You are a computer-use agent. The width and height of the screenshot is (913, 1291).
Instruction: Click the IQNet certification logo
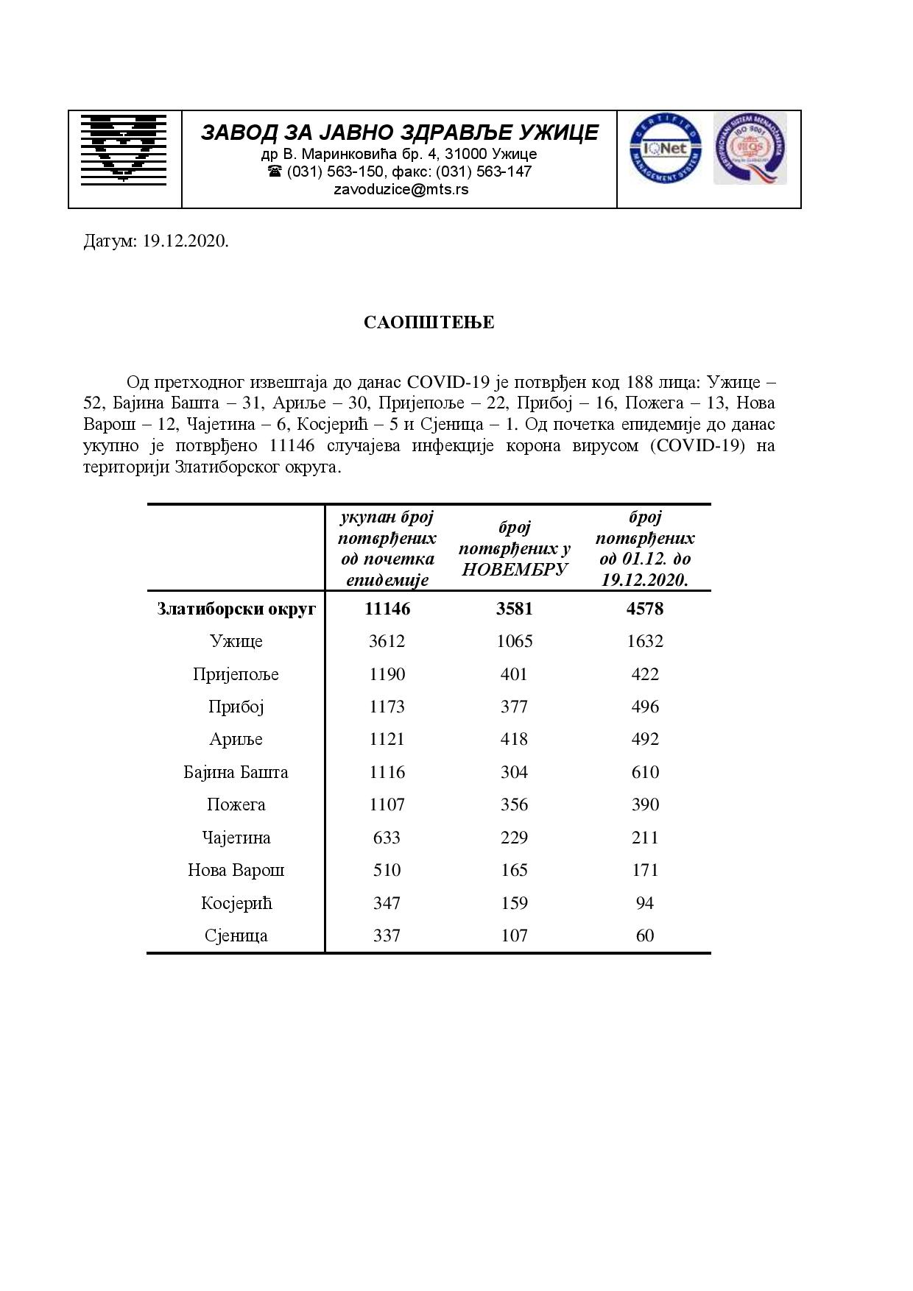[665, 149]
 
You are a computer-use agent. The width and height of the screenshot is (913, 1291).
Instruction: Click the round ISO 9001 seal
[750, 148]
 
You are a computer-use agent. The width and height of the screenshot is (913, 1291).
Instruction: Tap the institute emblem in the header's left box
[123, 147]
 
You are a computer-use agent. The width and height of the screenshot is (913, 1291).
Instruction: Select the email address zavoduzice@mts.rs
[401, 189]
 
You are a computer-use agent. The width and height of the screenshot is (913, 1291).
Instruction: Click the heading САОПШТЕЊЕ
[429, 322]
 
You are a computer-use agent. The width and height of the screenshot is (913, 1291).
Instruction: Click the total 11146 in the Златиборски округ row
[387, 609]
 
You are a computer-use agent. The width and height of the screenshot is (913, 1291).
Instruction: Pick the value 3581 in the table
[514, 609]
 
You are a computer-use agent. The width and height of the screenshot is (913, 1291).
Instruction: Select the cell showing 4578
[645, 609]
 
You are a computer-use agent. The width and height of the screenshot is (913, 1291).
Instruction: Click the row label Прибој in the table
[236, 707]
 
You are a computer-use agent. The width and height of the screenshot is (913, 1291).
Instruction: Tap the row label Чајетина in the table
[236, 838]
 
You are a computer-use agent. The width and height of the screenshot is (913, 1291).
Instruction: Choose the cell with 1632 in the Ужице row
[645, 641]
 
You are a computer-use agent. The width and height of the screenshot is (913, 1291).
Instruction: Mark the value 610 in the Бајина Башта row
[645, 772]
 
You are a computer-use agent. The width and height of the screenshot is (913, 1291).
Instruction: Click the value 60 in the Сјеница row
[645, 935]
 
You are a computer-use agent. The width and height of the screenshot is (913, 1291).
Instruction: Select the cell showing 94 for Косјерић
[645, 903]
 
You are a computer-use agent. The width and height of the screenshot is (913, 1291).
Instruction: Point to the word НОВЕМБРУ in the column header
[515, 569]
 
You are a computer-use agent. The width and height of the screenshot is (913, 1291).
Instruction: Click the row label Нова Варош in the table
[236, 870]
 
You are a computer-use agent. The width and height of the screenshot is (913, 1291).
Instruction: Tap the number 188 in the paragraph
[639, 382]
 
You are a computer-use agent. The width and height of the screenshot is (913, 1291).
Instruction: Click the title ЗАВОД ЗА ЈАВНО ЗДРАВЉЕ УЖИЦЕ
[400, 132]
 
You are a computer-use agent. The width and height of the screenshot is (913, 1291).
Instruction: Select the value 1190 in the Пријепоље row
[387, 674]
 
